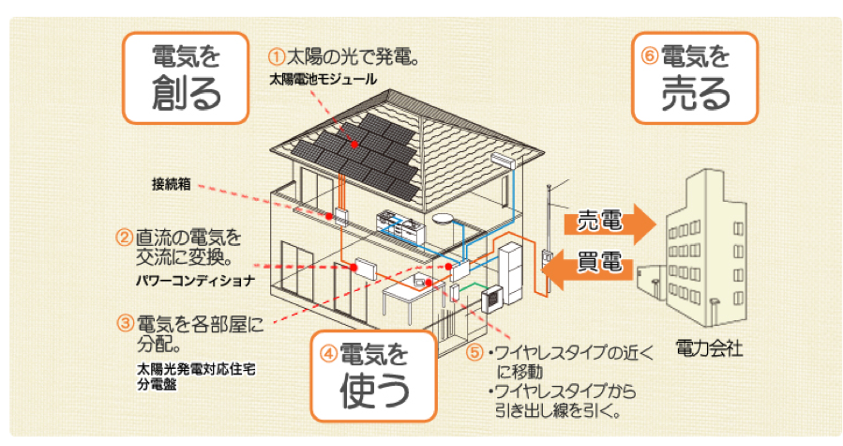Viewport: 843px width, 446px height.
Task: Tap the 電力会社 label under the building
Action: point(709,348)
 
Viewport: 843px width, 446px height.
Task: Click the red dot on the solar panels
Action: point(354,145)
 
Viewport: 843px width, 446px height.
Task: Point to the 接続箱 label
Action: point(171,184)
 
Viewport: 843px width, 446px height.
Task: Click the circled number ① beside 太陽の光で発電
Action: point(277,56)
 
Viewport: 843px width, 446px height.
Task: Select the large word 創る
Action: point(186,93)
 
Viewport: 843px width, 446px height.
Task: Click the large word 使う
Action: point(374,390)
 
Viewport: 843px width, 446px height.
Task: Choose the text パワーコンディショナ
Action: point(196,281)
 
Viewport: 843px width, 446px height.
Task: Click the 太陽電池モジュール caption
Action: point(323,80)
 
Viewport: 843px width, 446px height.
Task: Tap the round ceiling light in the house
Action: point(444,219)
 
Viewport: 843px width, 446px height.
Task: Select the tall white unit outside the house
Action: point(509,272)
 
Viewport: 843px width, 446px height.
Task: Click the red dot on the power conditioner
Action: point(354,268)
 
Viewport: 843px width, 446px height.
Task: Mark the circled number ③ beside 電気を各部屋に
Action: point(126,323)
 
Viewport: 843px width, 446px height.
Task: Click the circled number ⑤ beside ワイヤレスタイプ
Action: point(474,353)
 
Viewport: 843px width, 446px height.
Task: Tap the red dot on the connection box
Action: point(328,216)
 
